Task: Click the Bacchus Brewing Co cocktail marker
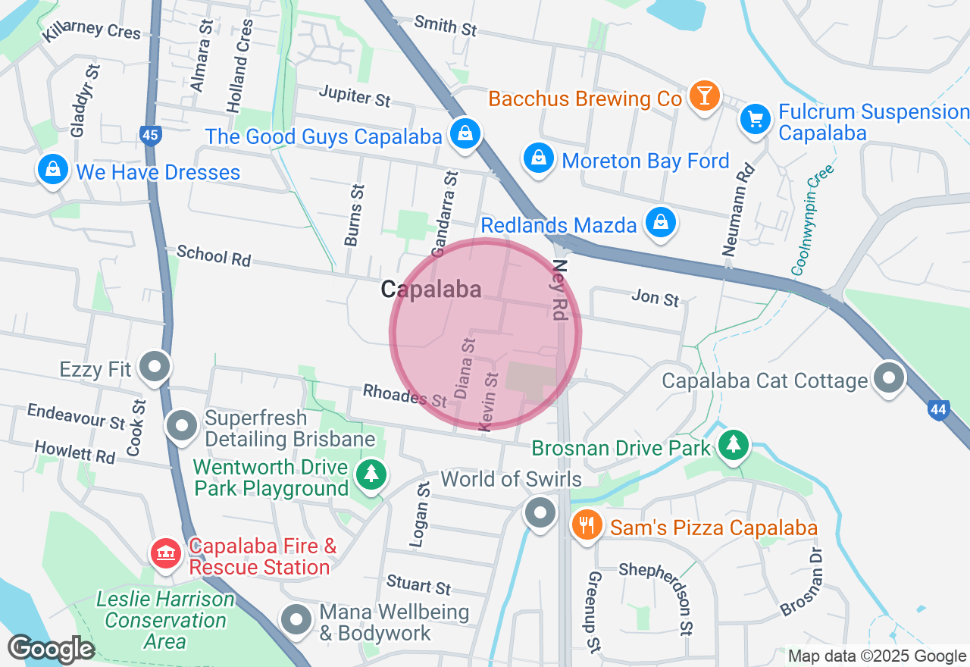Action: point(705,97)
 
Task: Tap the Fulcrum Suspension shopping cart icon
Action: point(755,119)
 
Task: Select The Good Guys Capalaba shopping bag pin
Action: point(465,134)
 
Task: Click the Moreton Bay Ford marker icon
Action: point(537,158)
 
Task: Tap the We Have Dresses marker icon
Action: point(53,170)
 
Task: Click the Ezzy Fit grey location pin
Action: point(155,368)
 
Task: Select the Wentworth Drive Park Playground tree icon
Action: point(371,475)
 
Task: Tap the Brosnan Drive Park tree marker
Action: point(733,444)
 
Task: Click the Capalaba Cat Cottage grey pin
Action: point(889,377)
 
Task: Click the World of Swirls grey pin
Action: point(540,513)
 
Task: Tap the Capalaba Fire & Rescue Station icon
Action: point(164,553)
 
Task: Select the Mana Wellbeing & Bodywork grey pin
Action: point(296,619)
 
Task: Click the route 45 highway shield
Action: point(150,136)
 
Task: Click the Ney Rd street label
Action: point(560,290)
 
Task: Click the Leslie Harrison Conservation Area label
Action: point(165,620)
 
